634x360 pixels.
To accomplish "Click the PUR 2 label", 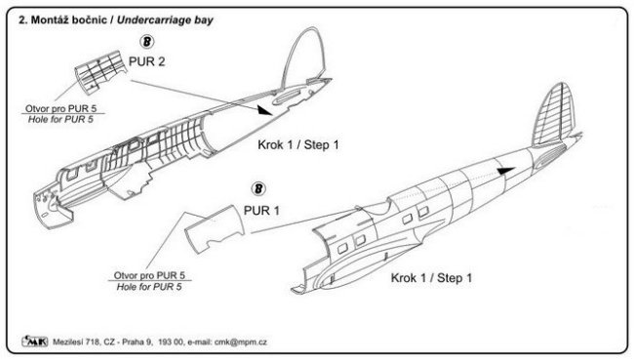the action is coord(146,61).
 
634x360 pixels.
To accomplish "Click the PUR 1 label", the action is coord(261,211).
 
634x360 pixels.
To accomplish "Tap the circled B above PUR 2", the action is coord(146,42).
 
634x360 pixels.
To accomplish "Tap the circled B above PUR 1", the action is coord(258,189).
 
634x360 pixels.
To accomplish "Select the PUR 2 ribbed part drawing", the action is coord(100,72).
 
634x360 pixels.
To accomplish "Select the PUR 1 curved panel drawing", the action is coord(215,229).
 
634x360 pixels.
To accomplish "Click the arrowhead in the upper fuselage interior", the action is coord(264,110).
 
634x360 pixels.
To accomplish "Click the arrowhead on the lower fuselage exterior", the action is coord(506,171).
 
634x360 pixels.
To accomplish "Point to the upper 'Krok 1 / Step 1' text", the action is coord(298,144).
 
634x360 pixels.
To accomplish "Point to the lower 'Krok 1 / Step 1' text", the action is coord(431,278).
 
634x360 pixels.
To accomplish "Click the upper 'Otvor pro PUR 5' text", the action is coord(61,108).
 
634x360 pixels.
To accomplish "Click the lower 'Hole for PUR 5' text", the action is coord(149,287).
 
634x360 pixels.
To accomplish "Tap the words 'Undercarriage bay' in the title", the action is coord(165,20).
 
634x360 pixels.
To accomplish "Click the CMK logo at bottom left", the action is coord(35,341).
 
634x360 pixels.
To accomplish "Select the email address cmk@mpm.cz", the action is coord(241,341).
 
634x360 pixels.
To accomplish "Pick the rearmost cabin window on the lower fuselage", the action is coord(423,212).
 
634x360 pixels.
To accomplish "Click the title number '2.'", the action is coord(23,20).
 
